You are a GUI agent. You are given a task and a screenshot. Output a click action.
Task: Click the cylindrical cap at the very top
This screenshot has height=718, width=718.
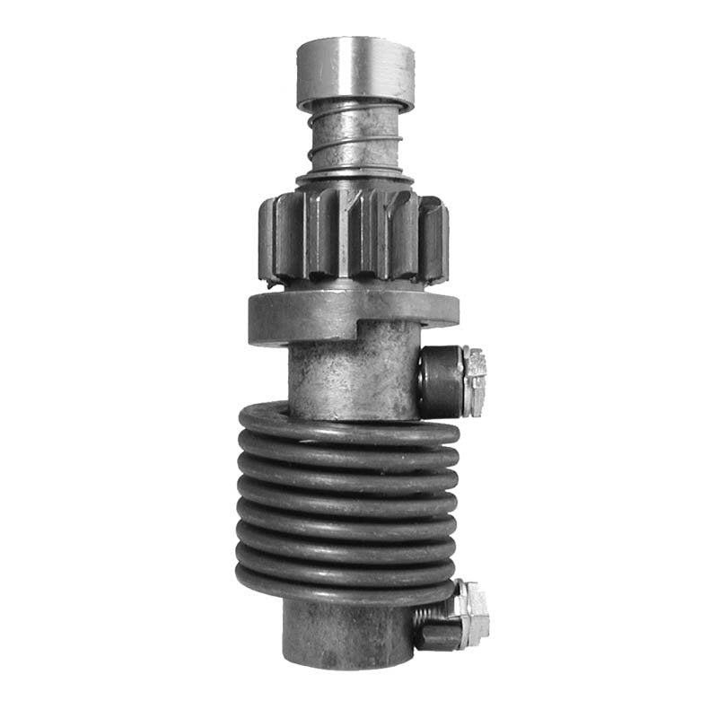click(355, 67)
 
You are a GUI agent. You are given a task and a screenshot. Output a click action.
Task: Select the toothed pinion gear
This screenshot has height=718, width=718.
click(354, 235)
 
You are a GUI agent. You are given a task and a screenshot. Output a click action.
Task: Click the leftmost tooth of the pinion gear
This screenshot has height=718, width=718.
click(267, 235)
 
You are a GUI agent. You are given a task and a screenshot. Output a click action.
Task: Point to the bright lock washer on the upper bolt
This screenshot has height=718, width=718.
click(476, 381)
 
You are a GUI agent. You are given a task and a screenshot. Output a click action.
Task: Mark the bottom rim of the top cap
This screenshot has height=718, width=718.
click(355, 101)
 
